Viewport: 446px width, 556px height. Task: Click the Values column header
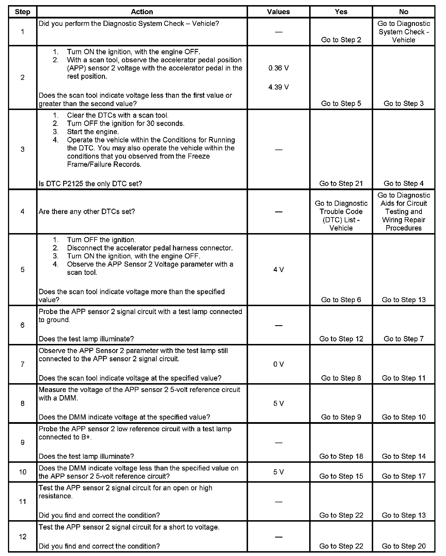click(278, 12)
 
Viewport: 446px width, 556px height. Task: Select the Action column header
click(142, 12)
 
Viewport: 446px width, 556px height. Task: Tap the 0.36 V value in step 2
click(278, 68)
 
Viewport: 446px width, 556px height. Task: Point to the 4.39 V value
click(278, 87)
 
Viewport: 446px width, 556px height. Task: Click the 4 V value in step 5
click(278, 270)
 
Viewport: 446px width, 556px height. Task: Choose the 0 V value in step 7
click(278, 364)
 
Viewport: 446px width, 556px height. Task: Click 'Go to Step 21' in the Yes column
click(341, 184)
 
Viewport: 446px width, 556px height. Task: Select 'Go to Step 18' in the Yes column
click(341, 456)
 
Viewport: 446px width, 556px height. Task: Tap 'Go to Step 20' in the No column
click(403, 546)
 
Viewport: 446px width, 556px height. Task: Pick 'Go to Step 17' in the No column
click(403, 476)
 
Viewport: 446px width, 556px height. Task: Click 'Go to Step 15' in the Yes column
click(341, 476)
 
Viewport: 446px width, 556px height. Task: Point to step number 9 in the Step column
click(22, 443)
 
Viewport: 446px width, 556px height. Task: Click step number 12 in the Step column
click(22, 537)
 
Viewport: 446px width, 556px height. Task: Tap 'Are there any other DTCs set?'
click(87, 212)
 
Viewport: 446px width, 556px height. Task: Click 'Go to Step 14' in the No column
click(403, 456)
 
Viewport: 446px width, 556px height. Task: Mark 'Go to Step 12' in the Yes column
click(341, 339)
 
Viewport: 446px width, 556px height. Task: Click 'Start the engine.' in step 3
click(93, 132)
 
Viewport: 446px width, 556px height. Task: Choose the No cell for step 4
click(403, 212)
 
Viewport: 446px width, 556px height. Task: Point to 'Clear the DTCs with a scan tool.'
click(117, 115)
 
